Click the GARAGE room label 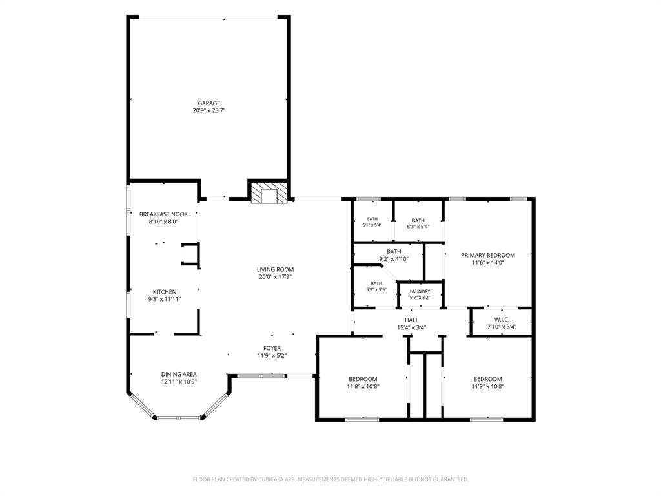[x=209, y=103]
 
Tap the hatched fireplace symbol [x=269, y=192]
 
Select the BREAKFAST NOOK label [x=163, y=214]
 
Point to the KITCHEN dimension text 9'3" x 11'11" [x=165, y=299]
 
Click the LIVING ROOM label [x=275, y=269]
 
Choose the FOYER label [x=272, y=348]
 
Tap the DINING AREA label [x=179, y=374]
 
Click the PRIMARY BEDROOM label [x=488, y=255]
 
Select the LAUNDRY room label [x=420, y=291]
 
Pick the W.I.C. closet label [x=502, y=320]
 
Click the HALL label [x=411, y=320]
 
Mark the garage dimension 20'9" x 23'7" [x=209, y=110]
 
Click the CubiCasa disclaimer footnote [x=330, y=479]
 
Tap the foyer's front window [x=262, y=375]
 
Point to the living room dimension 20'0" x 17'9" [x=275, y=277]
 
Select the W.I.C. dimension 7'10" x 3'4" [x=502, y=327]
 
